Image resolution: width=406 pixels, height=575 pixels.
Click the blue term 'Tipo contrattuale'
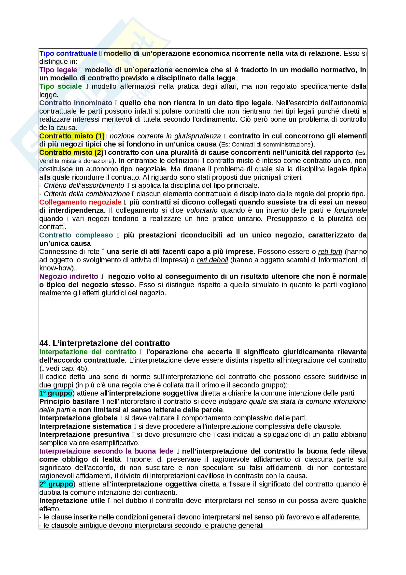pyautogui.click(x=68, y=54)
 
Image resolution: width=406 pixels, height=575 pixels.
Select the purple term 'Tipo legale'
pyautogui.click(x=58, y=70)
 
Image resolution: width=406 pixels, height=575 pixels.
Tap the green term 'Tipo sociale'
pyautogui.click(x=61, y=86)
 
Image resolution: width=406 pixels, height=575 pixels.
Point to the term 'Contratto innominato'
pyautogui.click(x=76, y=103)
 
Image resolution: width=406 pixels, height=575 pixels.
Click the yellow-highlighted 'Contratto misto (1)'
pyautogui.click(x=72, y=136)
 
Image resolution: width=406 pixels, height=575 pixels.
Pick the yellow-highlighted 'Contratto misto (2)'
pyautogui.click(x=71, y=152)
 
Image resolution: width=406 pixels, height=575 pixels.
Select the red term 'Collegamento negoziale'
pyautogui.click(x=80, y=202)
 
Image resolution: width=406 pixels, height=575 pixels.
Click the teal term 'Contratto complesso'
pyautogui.click(x=76, y=235)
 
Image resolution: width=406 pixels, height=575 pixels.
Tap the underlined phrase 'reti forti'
pyautogui.click(x=330, y=252)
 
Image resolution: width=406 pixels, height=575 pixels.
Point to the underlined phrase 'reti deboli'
pyautogui.click(x=212, y=260)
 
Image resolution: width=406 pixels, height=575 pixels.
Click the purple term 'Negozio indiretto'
pyautogui.click(x=69, y=277)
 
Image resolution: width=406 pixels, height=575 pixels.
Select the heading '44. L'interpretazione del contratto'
pyautogui.click(x=105, y=343)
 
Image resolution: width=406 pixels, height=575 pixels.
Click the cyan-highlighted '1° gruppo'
pyautogui.click(x=56, y=393)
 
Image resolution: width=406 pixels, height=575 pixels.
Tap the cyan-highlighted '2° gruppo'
pyautogui.click(x=56, y=484)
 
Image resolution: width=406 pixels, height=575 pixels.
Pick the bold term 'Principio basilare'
pyautogui.click(x=69, y=402)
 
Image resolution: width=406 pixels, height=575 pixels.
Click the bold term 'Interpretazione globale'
pyautogui.click(x=78, y=418)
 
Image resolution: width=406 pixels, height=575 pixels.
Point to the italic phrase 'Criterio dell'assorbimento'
pyautogui.click(x=84, y=186)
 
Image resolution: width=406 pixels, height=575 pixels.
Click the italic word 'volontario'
pyautogui.click(x=202, y=210)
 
